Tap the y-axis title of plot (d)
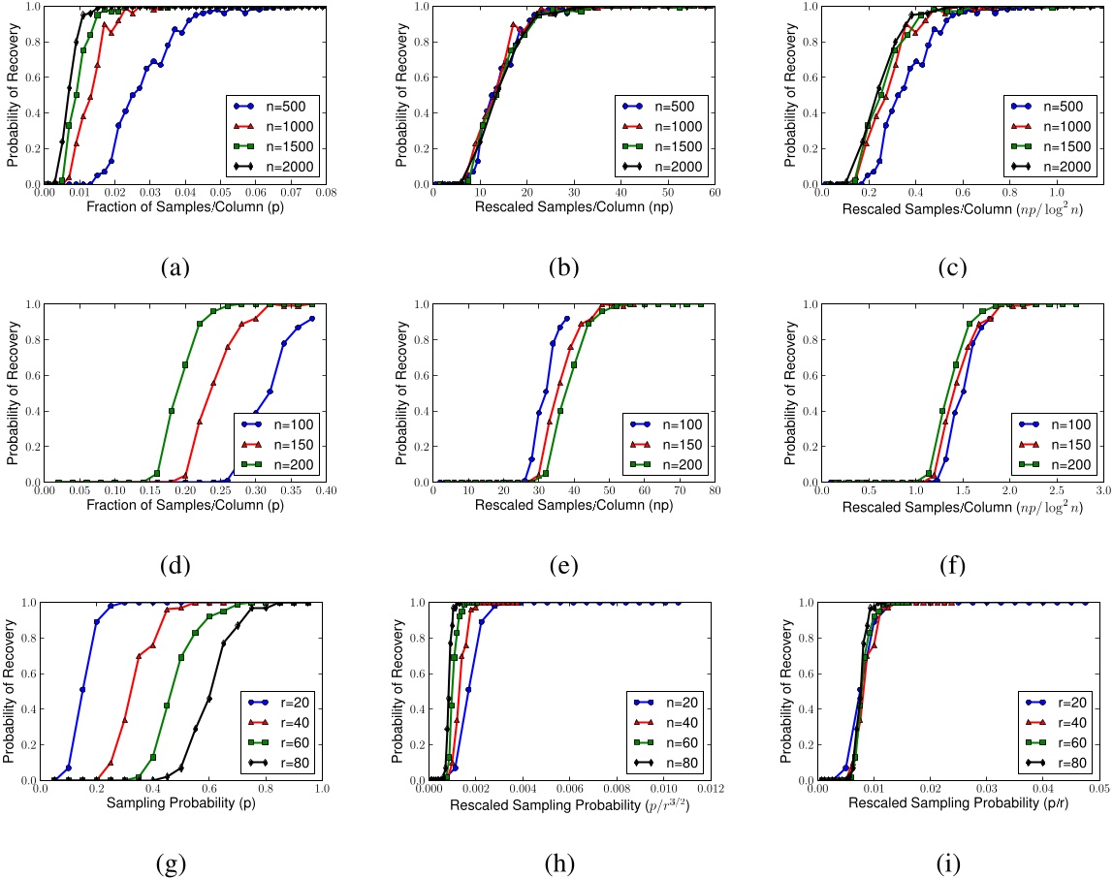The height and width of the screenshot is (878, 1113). coord(14,392)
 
